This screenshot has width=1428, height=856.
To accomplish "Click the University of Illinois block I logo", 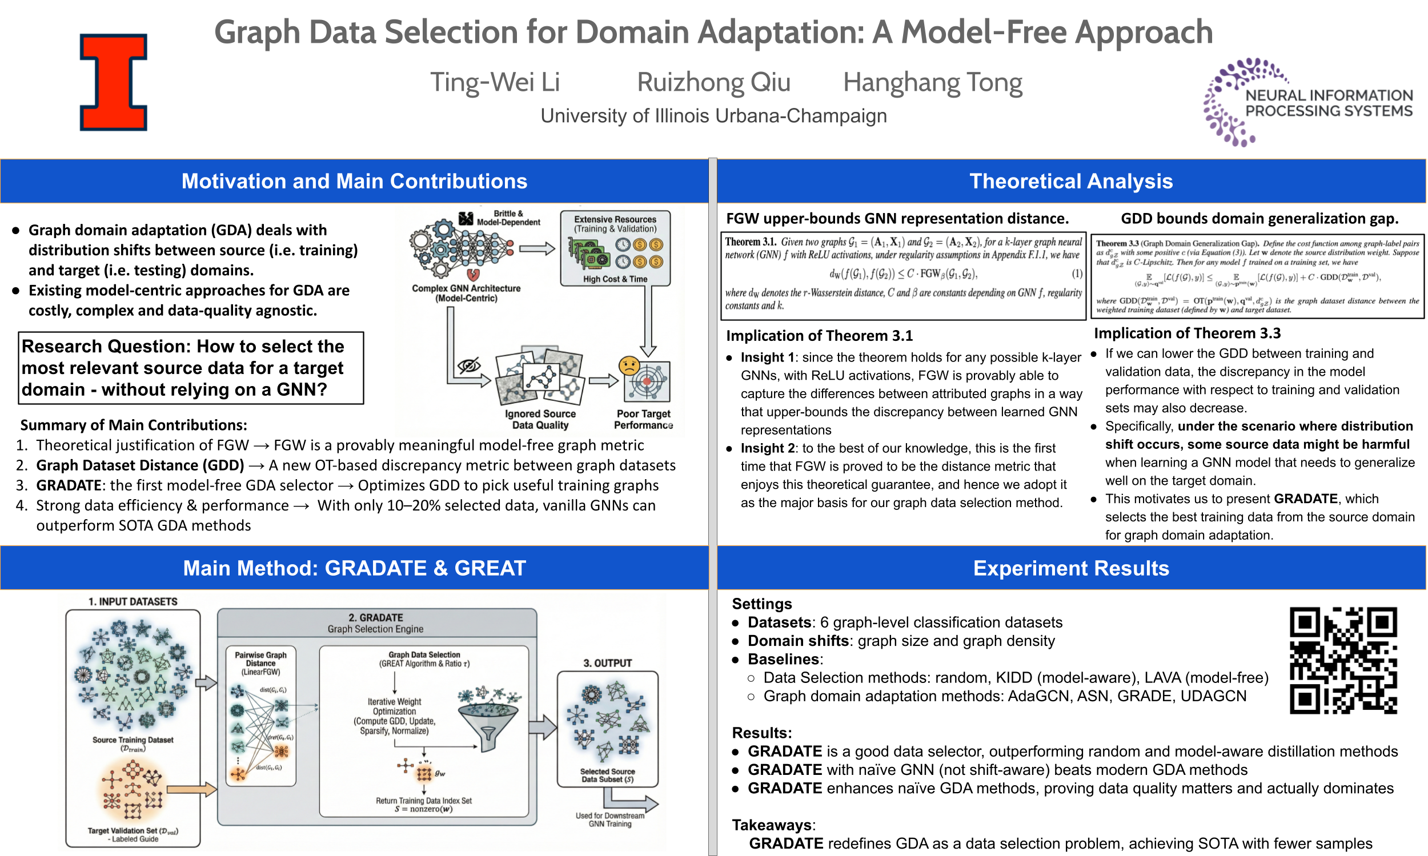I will (113, 82).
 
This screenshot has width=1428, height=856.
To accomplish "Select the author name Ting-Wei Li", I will (495, 82).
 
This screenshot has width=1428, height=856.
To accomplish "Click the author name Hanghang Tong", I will (932, 82).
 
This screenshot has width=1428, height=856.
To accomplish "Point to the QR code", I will (1343, 661).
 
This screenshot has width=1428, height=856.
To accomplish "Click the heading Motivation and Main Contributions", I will (354, 181).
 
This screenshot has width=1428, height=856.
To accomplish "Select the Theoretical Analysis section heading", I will (1070, 181).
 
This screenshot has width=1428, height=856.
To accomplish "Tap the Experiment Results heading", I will (1070, 568).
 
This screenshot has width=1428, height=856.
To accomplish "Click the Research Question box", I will (191, 368).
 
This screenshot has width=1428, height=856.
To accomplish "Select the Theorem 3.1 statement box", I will (903, 275).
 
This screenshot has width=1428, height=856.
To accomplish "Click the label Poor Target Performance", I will (643, 419).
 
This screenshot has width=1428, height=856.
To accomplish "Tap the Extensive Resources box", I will (615, 248).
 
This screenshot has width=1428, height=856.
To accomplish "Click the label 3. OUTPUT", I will (607, 664).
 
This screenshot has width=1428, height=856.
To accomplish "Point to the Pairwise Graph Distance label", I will (260, 663).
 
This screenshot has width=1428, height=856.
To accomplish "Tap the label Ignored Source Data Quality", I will (540, 419).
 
